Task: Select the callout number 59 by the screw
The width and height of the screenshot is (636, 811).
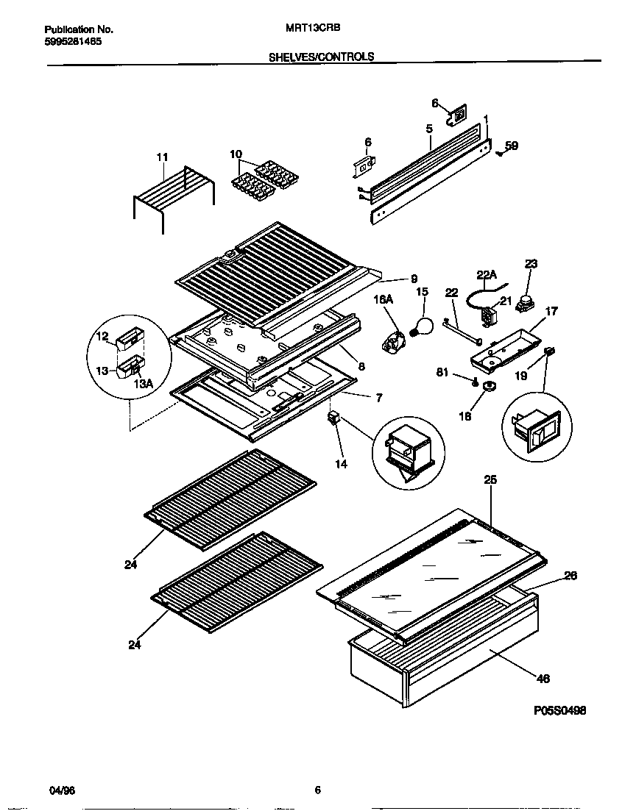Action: [512, 146]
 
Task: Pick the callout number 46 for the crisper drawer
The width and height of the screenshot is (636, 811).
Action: [543, 679]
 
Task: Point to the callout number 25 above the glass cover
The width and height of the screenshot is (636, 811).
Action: [490, 479]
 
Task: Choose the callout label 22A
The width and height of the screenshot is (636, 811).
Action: [488, 275]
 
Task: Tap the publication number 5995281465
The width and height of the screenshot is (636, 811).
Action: [73, 42]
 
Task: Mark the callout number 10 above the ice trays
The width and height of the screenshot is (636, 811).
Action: [236, 154]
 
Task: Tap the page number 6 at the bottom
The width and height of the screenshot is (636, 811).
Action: [317, 790]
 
